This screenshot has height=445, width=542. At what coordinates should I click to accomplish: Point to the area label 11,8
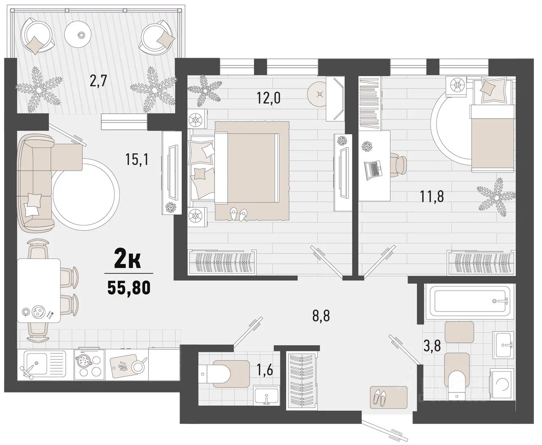(x=431, y=197)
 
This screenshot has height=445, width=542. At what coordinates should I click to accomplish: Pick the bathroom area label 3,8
(x=432, y=345)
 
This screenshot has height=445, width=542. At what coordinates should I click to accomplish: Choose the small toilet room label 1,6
(x=265, y=370)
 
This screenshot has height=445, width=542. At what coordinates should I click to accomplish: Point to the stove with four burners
(x=89, y=364)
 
